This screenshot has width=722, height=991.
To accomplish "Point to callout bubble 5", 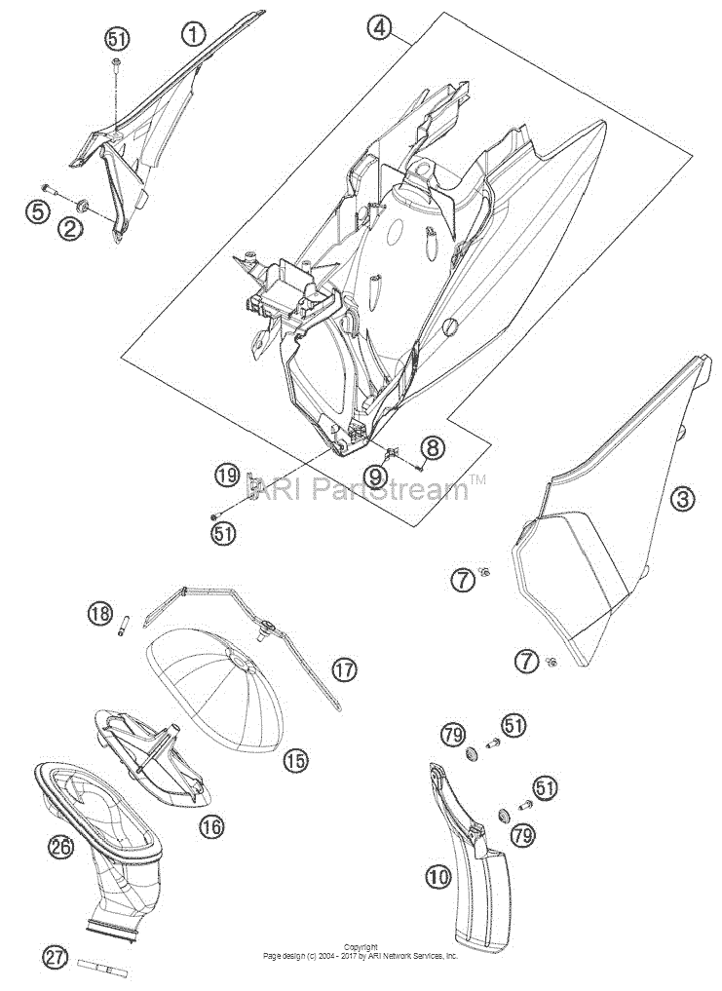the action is click(38, 212).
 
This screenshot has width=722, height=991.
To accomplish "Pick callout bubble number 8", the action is click(432, 449).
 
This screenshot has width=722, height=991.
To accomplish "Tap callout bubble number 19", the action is click(227, 474).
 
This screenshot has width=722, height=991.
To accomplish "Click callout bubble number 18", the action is click(101, 612).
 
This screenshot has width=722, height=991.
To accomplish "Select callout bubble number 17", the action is click(346, 668).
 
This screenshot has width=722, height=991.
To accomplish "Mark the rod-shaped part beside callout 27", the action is click(104, 965).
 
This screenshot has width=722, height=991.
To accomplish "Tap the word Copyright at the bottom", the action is click(362, 947).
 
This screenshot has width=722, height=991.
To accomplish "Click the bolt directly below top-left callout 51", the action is click(117, 62).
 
